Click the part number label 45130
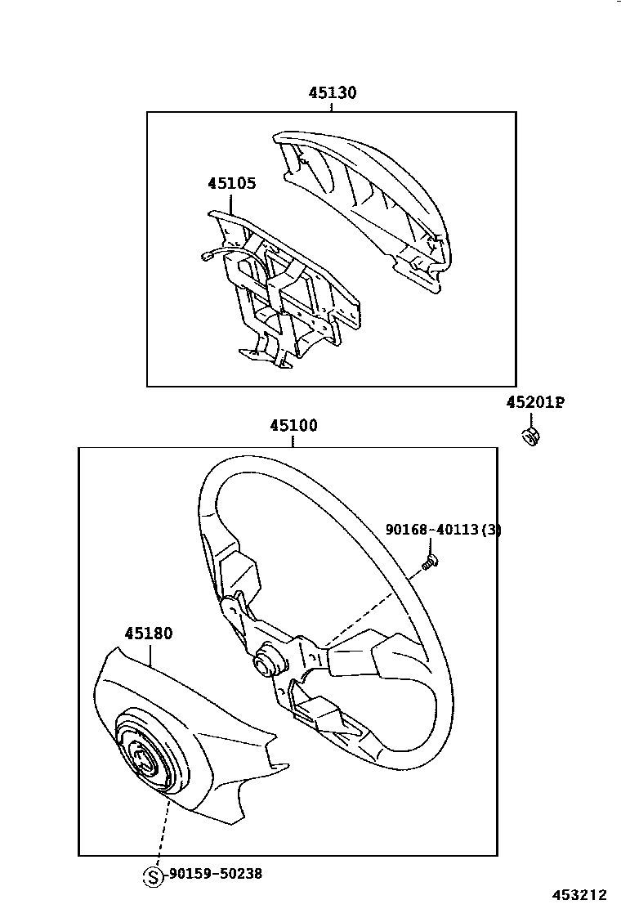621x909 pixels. click(332, 93)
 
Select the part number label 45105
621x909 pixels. click(231, 183)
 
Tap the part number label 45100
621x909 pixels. click(293, 425)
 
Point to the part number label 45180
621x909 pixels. click(149, 634)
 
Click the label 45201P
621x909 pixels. click(535, 402)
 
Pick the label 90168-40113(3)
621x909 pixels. click(443, 530)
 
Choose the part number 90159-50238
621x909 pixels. click(216, 874)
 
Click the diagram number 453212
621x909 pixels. click(583, 896)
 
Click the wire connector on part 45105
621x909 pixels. click(206, 257)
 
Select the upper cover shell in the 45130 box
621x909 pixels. click(368, 196)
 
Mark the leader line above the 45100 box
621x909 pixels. click(293, 441)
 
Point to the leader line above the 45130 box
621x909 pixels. click(332, 107)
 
